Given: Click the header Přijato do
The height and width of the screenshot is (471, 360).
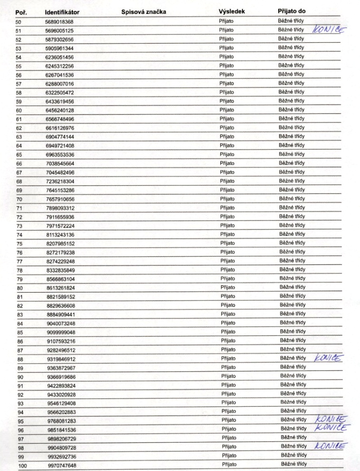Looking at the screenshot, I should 291,10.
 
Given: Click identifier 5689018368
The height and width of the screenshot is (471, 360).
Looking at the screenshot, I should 60,22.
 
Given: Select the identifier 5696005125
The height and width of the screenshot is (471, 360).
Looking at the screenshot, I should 60,31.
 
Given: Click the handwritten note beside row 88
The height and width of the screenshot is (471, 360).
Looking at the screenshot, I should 328,358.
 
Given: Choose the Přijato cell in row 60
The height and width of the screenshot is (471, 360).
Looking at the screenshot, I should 226,110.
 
